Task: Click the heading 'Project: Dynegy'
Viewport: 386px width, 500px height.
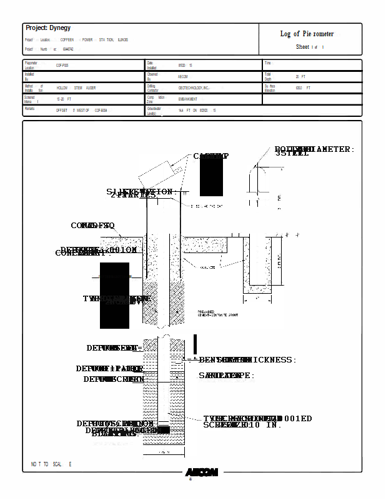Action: click(48, 28)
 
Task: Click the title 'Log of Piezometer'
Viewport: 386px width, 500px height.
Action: click(307, 34)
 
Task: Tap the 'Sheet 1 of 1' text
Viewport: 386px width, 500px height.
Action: click(310, 47)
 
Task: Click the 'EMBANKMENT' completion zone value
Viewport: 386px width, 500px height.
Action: click(187, 99)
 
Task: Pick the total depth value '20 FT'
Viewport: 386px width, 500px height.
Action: click(300, 77)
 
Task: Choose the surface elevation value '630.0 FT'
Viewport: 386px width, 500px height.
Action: click(303, 88)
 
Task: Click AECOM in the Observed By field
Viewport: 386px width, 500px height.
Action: click(183, 77)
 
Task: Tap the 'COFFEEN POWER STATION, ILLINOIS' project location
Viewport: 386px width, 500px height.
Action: click(94, 40)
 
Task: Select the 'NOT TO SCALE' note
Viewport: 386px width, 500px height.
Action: click(51, 464)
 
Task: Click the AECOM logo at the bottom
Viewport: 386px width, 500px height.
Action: click(201, 472)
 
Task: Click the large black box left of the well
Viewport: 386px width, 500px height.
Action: click(114, 295)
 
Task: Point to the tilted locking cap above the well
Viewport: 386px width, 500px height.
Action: click(161, 172)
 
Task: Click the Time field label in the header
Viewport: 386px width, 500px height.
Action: click(267, 63)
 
